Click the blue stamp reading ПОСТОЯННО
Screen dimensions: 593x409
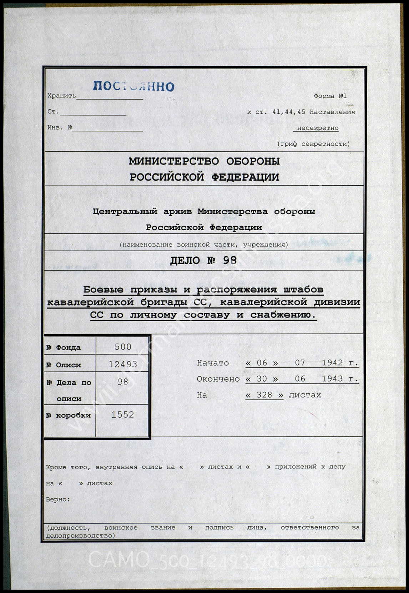point(134,86)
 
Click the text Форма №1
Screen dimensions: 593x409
point(330,96)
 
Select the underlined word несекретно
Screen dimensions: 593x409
point(318,128)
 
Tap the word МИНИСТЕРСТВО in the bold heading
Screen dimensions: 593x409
point(174,161)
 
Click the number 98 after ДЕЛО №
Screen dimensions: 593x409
point(229,260)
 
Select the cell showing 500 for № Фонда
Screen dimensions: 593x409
point(123,347)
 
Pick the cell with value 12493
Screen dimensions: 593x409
point(123,364)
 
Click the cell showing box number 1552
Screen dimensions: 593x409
point(123,414)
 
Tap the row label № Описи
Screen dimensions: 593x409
point(64,365)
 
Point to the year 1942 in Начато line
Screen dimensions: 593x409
point(332,363)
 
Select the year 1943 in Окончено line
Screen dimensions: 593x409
point(332,379)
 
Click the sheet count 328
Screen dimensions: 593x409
point(264,395)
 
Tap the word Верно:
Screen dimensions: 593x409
point(58,499)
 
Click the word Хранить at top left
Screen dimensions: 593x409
point(61,96)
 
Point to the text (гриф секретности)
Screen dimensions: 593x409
point(313,144)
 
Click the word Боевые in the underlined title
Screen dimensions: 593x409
point(103,290)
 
